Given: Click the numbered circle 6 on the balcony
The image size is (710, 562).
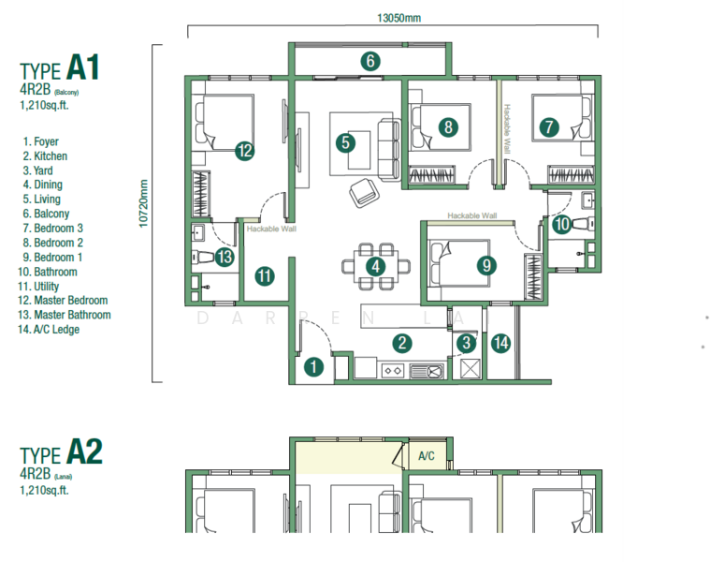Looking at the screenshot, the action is (x=370, y=61).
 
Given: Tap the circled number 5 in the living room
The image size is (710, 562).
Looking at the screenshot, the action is (x=345, y=142).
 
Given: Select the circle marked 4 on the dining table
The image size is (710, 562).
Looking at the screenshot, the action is (x=375, y=267).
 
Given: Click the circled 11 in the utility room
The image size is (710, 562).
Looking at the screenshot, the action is (x=265, y=276).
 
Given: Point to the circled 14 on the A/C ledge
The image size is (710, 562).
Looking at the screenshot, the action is (x=500, y=343).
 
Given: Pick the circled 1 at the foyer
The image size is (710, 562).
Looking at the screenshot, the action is (x=313, y=366).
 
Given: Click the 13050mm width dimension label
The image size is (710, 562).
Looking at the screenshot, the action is (x=398, y=18).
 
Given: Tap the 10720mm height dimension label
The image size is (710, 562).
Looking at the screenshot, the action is (x=143, y=204).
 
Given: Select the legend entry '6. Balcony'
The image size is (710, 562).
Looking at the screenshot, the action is (x=46, y=214).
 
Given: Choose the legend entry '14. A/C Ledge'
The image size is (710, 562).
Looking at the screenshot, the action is (x=49, y=330).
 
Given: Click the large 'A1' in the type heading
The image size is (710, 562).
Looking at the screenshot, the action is (x=83, y=67).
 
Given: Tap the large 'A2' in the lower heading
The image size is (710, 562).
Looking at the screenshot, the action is (x=85, y=451).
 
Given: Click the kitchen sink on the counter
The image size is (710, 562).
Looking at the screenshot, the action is (x=427, y=371).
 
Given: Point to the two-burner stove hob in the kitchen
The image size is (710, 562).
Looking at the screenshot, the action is (x=393, y=371).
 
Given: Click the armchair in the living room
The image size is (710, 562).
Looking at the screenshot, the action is (x=365, y=193).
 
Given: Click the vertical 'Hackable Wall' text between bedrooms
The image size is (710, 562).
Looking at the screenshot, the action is (x=507, y=128).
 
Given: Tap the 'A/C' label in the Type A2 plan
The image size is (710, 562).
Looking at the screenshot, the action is (x=426, y=456).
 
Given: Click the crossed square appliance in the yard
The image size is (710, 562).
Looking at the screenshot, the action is (x=470, y=368).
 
